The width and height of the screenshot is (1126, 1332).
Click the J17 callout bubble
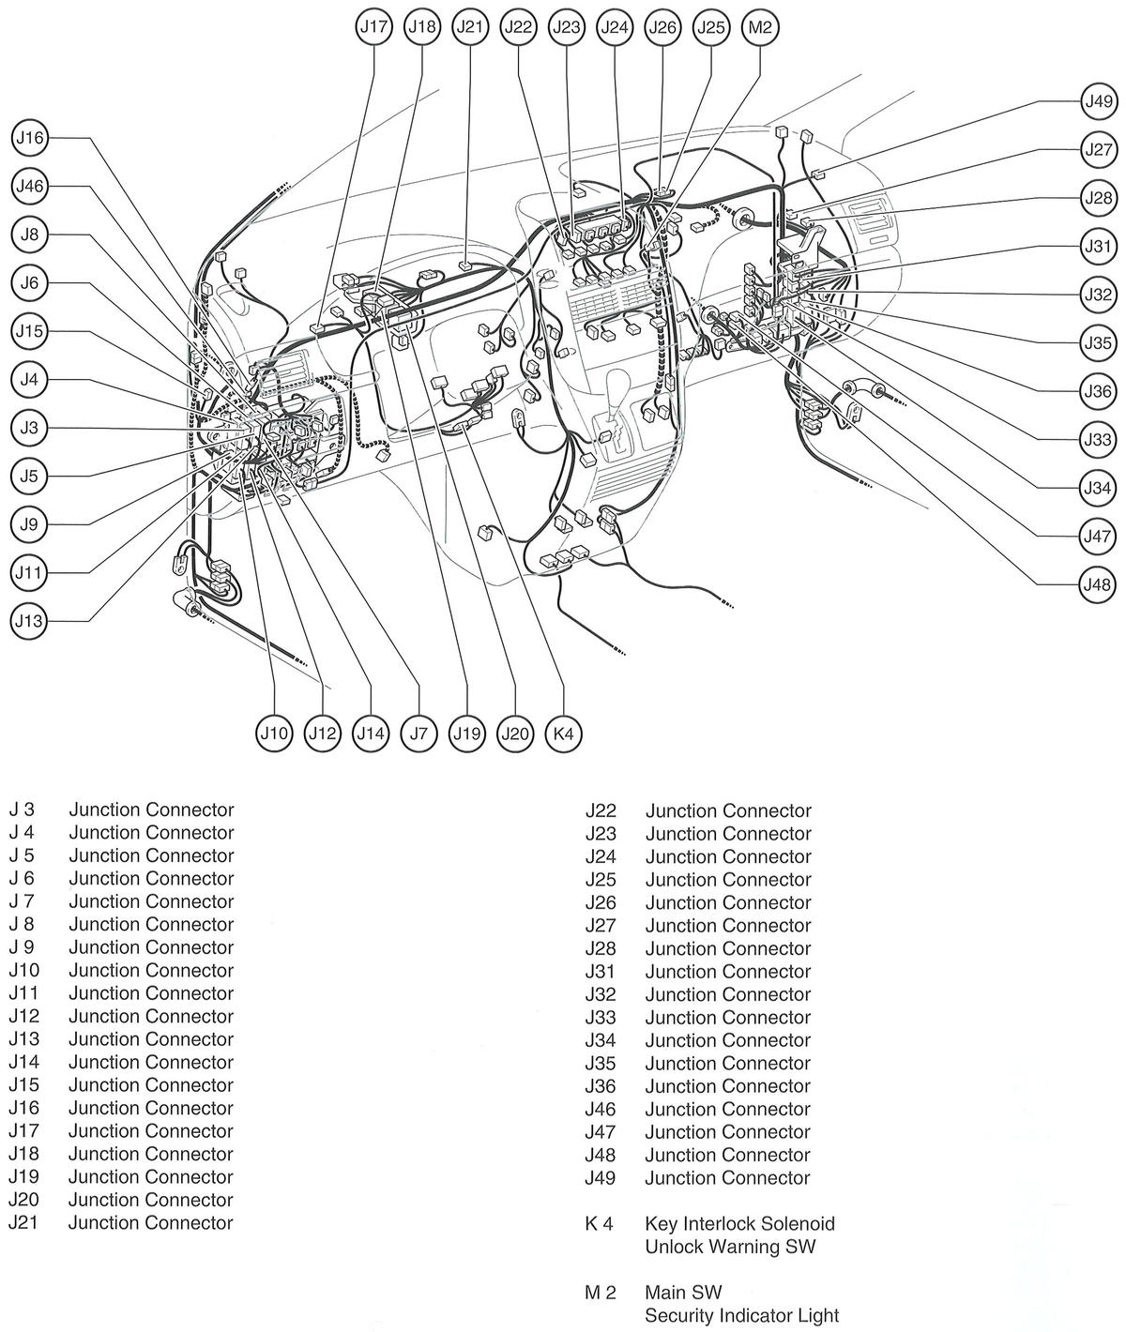[373, 27]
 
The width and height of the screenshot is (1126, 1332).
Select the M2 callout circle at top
[759, 27]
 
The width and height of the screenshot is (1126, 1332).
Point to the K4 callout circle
[563, 733]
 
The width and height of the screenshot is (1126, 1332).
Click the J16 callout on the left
[29, 138]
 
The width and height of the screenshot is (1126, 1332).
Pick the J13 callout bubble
[29, 621]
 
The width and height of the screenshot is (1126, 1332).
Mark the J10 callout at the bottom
[274, 733]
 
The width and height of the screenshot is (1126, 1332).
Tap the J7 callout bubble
[418, 733]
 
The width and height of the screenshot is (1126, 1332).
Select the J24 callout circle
[615, 27]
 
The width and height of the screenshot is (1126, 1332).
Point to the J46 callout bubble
[29, 187]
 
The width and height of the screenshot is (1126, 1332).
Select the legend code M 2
[600, 1293]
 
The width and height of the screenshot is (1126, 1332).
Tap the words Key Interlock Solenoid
[739, 1224]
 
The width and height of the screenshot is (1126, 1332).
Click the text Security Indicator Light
[741, 1316]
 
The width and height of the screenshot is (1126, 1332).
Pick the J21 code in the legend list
[23, 1223]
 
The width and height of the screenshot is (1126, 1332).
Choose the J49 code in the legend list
[601, 1178]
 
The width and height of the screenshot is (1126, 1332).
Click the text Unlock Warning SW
[730, 1248]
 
